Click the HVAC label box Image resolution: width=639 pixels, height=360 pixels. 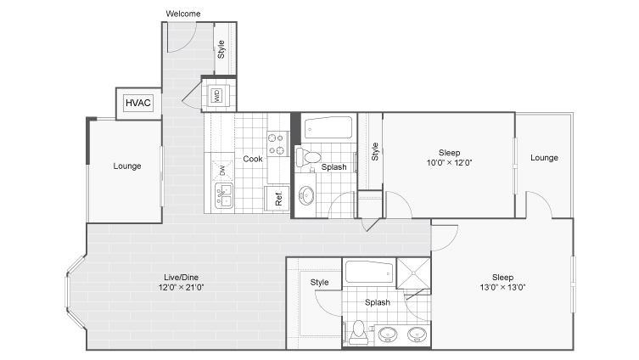tap(138, 103)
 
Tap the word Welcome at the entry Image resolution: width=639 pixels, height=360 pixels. tap(183, 14)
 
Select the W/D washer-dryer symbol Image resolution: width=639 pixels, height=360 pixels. tap(216, 95)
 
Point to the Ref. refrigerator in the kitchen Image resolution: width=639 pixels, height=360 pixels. tap(277, 198)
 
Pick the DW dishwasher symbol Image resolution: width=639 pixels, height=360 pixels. tap(222, 171)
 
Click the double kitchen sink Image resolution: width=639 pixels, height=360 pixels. tap(224, 195)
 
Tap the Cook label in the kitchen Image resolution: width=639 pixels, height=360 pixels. tap(253, 159)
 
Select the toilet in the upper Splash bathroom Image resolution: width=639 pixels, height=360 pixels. tap(308, 157)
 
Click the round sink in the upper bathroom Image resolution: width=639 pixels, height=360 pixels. tap(306, 195)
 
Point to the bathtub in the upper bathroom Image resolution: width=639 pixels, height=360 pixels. tap(328, 128)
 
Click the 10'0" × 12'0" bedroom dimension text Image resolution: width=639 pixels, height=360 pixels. tap(449, 163)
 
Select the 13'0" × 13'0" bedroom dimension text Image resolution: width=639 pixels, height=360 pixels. tap(502, 288)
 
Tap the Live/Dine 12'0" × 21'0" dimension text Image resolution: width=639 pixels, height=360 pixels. tap(181, 288)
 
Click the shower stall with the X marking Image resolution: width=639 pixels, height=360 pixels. tap(413, 273)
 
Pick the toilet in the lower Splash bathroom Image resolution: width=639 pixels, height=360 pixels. tap(358, 332)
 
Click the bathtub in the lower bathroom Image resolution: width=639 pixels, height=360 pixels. tap(369, 272)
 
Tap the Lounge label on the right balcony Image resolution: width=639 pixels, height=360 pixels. tap(544, 158)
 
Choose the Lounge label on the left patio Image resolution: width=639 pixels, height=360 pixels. tap(127, 166)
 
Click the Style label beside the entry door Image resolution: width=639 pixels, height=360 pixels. tap(221, 49)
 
